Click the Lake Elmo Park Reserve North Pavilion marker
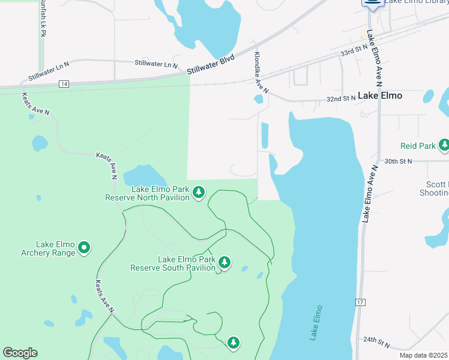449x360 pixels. [x=199, y=192]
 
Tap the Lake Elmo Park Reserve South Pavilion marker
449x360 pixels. [x=224, y=262]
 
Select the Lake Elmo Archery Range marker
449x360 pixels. [x=84, y=247]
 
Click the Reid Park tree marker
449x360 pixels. [x=444, y=145]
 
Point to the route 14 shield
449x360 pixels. [x=64, y=84]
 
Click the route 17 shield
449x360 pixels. [x=360, y=302]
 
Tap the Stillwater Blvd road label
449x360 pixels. [x=210, y=65]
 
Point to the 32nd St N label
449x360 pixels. [x=340, y=99]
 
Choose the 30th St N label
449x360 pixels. [x=399, y=161]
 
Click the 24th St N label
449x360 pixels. [x=376, y=342]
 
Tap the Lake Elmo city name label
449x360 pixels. [x=380, y=95]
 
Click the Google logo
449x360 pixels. [x=20, y=353]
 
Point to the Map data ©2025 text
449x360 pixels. [x=423, y=355]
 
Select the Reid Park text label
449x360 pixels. [x=418, y=146]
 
